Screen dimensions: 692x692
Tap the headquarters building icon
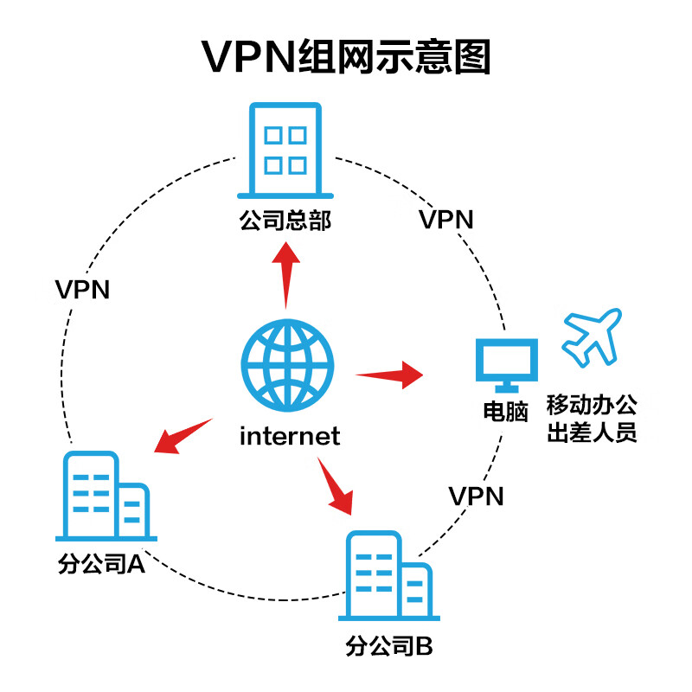click(285, 151)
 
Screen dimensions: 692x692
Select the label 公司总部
click(285, 221)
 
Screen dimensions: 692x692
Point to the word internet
click(290, 434)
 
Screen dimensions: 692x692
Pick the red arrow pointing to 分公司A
click(183, 436)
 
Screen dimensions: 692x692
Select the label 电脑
click(506, 412)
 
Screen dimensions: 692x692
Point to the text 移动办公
click(593, 404)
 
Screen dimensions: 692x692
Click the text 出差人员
click(593, 432)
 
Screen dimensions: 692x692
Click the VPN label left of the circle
click(82, 289)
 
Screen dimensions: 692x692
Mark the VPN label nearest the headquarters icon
click(446, 219)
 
